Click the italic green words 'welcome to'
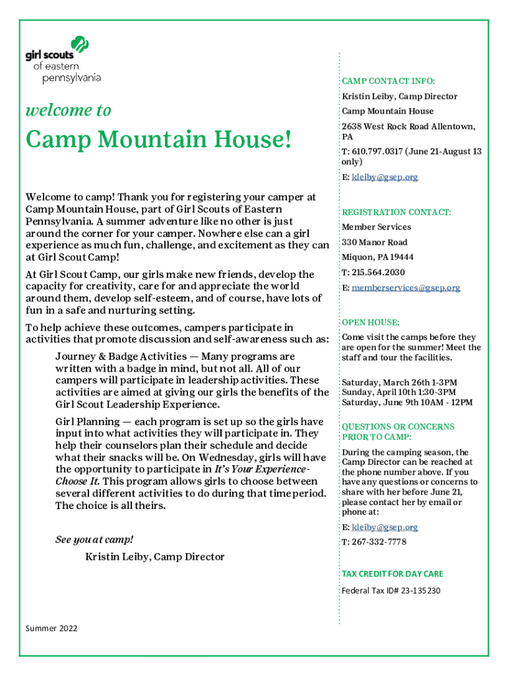(x=68, y=110)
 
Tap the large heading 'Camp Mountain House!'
(x=158, y=141)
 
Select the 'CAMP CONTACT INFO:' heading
(x=388, y=81)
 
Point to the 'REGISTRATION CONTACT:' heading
(x=396, y=213)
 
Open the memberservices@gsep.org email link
(x=406, y=288)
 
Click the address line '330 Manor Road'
(x=374, y=242)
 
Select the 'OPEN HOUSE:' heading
(x=370, y=322)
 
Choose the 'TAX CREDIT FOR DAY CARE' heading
(x=392, y=574)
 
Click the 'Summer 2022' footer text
(x=51, y=628)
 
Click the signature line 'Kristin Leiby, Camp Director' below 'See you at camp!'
(x=154, y=557)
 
